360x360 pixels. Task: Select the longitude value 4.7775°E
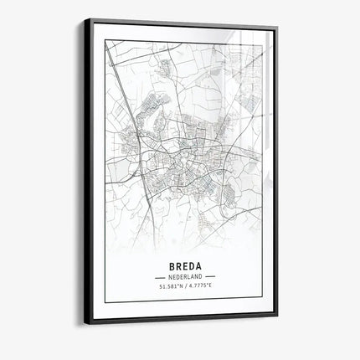click(x=199, y=287)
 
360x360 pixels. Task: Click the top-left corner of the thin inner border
click(x=105, y=40)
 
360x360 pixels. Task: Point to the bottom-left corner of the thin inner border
click(x=105, y=301)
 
